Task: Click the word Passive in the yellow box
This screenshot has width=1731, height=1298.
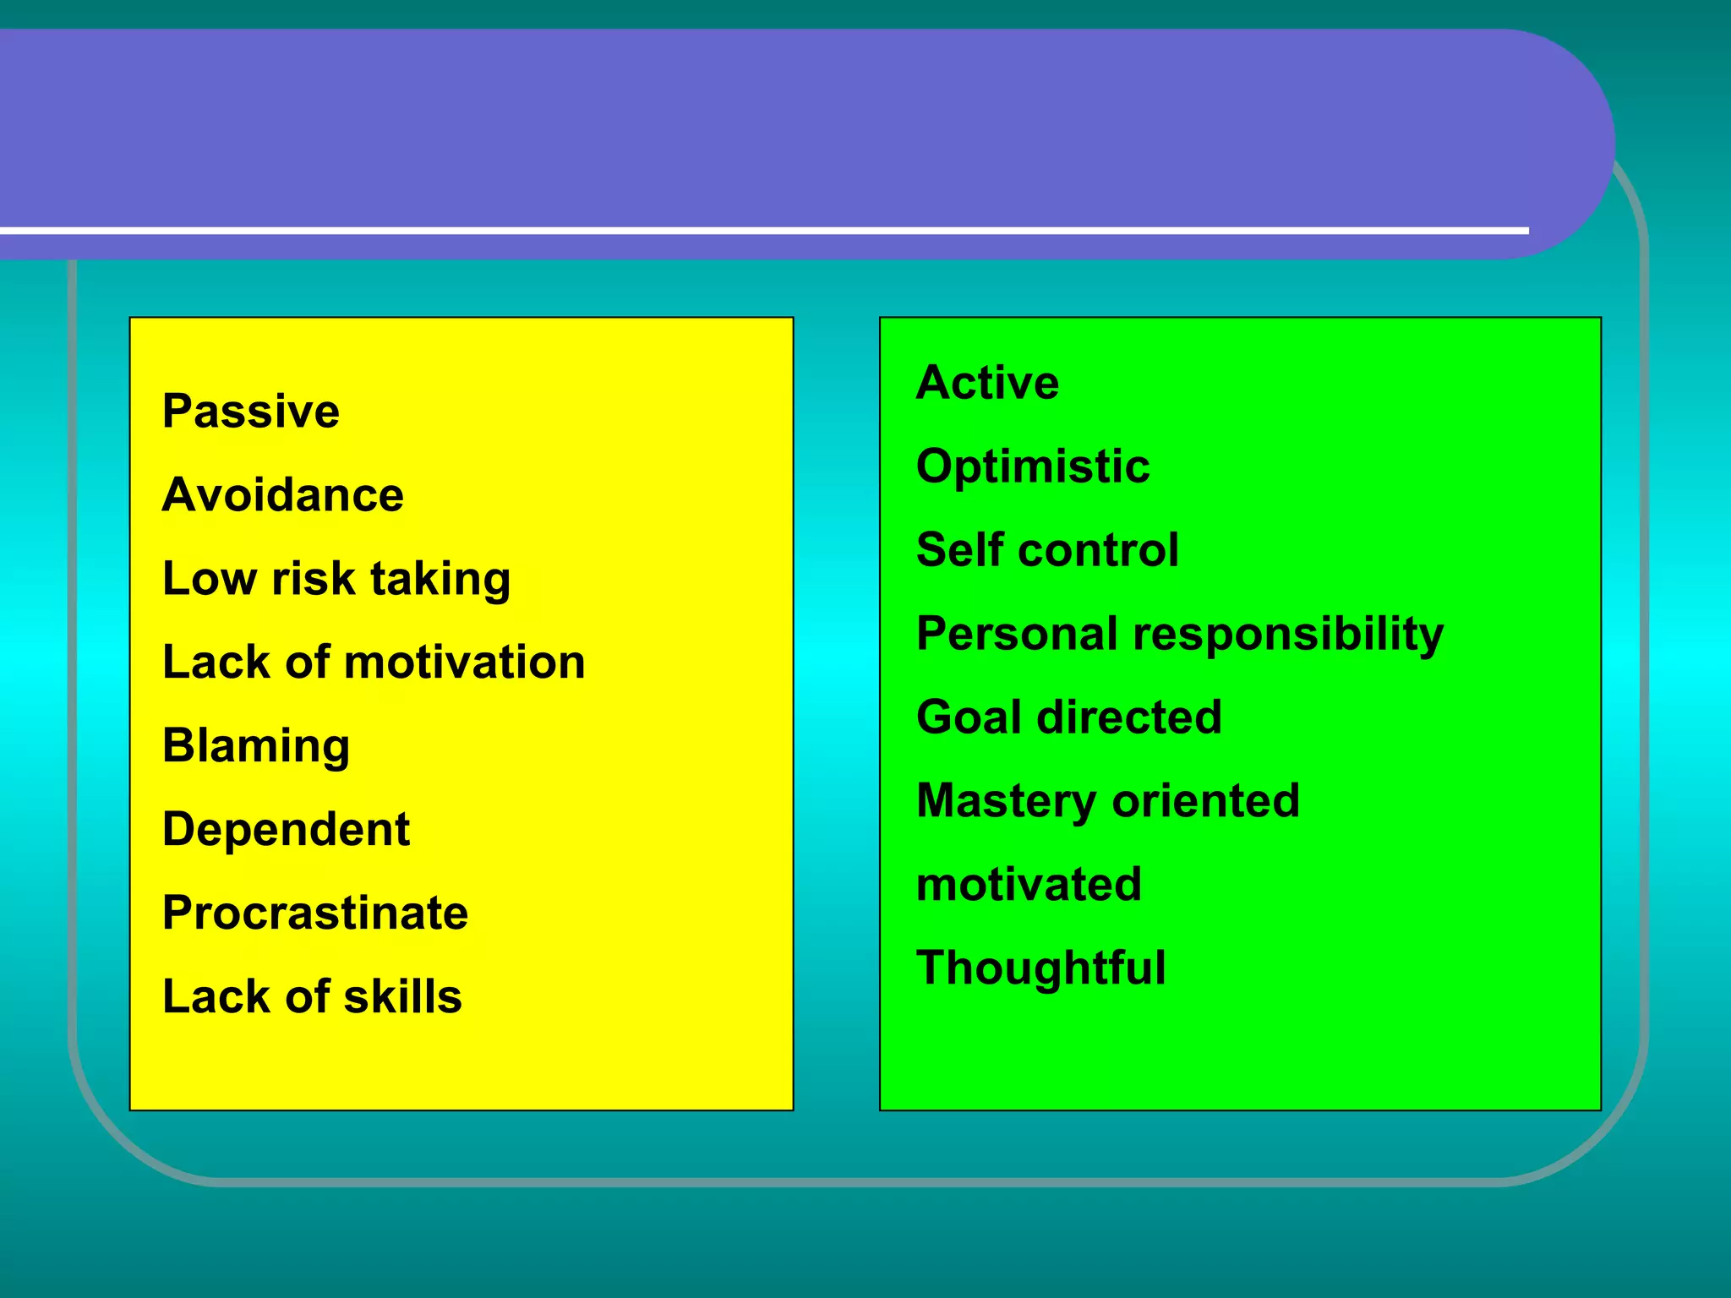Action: (x=250, y=412)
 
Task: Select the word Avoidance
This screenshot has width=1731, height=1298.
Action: (x=282, y=495)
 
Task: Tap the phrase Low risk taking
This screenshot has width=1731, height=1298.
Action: (x=336, y=580)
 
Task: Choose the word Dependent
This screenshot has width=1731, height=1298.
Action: (x=286, y=830)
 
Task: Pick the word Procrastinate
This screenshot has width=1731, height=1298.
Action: (x=314, y=914)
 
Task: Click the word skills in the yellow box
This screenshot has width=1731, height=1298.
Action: (x=402, y=997)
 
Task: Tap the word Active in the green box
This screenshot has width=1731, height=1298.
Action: (x=986, y=383)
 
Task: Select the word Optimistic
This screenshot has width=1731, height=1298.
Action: (x=1032, y=467)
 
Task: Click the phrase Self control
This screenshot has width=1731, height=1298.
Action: (x=1046, y=550)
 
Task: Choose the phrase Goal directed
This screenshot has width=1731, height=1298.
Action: (x=1068, y=717)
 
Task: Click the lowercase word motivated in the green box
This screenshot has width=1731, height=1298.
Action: (x=1028, y=885)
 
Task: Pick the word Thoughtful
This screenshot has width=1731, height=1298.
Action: (x=1040, y=969)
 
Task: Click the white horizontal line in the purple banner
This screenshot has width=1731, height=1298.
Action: (x=761, y=230)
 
